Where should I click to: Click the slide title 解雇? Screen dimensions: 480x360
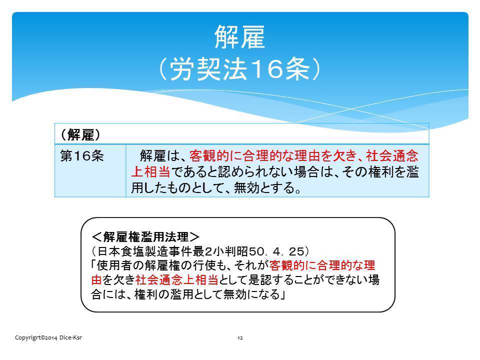coord(239,36)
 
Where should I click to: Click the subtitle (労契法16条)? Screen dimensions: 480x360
coord(239,69)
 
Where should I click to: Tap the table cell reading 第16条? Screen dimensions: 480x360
coord(81,156)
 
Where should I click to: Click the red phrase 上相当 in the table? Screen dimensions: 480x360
coord(150,171)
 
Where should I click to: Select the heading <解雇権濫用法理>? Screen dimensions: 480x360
coord(145,236)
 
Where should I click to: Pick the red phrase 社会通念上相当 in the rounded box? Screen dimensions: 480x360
coord(177,279)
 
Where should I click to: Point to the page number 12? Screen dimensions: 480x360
coord(240,338)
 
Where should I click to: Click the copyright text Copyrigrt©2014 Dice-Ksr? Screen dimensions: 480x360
coord(48,337)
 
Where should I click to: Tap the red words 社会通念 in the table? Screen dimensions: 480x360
coord(392,156)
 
